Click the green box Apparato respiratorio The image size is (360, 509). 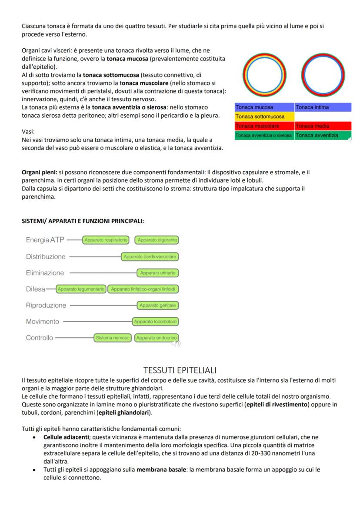[x=106, y=240]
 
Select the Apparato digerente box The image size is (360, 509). [x=157, y=240]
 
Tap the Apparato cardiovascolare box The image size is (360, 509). [x=150, y=257]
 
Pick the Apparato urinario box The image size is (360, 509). [x=157, y=273]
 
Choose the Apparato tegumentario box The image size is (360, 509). [x=81, y=289]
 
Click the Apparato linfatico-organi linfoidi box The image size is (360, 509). [x=143, y=289]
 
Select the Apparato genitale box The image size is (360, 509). [x=157, y=306]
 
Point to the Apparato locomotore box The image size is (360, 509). [x=156, y=322]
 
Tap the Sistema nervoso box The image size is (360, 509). [x=113, y=338]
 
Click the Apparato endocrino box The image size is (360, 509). [x=157, y=338]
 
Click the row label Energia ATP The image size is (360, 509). [x=45, y=240]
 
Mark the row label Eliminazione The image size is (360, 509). [x=45, y=273]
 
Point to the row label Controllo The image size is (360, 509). [x=40, y=338]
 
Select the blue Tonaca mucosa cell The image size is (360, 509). [x=264, y=107]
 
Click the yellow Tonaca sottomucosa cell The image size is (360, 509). [x=264, y=117]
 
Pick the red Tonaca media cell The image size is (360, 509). [x=323, y=126]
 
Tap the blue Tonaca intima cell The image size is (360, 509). [x=323, y=107]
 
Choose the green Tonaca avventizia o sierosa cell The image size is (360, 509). [x=264, y=136]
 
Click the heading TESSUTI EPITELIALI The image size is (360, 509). [x=180, y=370]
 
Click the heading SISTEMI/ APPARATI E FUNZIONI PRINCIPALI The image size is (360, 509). [x=83, y=221]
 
